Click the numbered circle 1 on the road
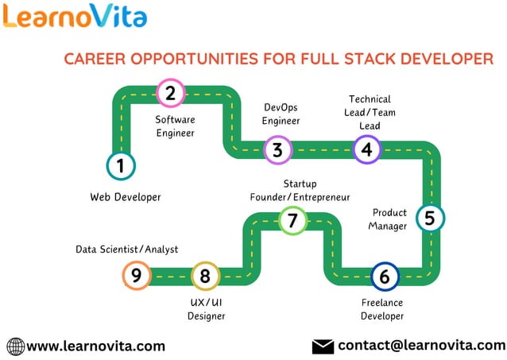click(121, 166)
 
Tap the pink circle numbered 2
click(170, 94)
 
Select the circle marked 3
click(277, 149)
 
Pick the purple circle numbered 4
click(366, 149)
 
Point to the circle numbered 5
click(430, 218)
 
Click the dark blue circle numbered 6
click(385, 277)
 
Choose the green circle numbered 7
click(292, 220)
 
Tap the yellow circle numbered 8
click(205, 276)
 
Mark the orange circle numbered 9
click(137, 276)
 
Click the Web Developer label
click(126, 197)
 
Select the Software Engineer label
click(175, 126)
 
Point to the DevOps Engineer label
click(281, 114)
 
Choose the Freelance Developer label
click(382, 309)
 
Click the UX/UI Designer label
click(206, 309)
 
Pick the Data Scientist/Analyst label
click(127, 250)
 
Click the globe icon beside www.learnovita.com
click(15, 346)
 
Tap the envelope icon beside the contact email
click(322, 346)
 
